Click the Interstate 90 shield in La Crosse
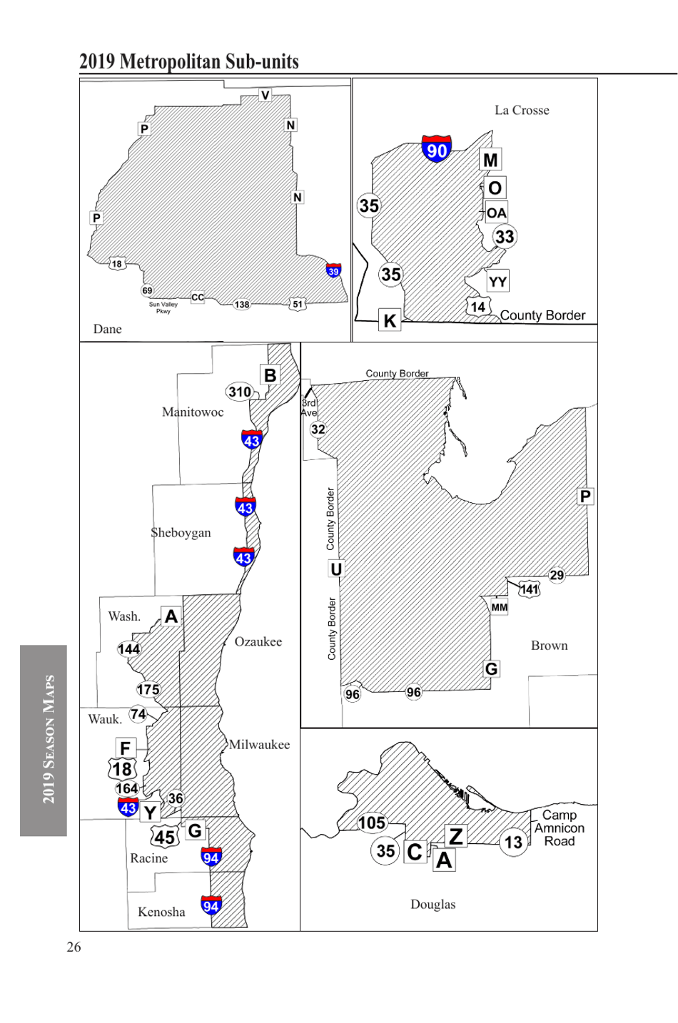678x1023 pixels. coord(436,148)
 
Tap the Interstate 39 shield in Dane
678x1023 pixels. coord(333,270)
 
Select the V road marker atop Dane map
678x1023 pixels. coord(265,95)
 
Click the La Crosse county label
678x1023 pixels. coord(522,111)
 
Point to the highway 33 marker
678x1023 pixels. coord(505,237)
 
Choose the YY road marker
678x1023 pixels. coord(497,282)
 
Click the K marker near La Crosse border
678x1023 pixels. coord(390,320)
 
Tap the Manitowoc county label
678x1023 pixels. coord(193,412)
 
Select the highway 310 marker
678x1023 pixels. coord(240,392)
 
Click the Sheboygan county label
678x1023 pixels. coord(181,533)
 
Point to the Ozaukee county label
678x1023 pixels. coord(258,642)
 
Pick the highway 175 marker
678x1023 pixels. coord(148,689)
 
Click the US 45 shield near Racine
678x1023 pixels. coord(165,838)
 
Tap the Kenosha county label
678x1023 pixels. coord(161,912)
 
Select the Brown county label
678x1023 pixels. coord(550,646)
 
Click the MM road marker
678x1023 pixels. coord(500,607)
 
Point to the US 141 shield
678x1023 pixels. coord(529,589)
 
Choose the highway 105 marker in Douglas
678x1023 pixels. coord(372,823)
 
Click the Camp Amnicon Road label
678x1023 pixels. coord(560,828)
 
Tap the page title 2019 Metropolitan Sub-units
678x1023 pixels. coord(189,62)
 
